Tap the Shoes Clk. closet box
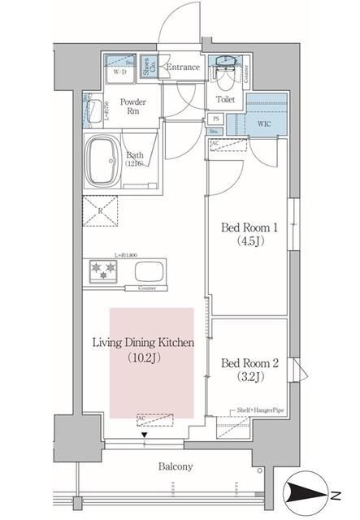coord(147,66)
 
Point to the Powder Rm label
coord(133,108)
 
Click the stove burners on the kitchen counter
coord(104,269)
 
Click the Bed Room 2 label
coord(249,362)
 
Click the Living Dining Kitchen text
coord(152,343)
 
